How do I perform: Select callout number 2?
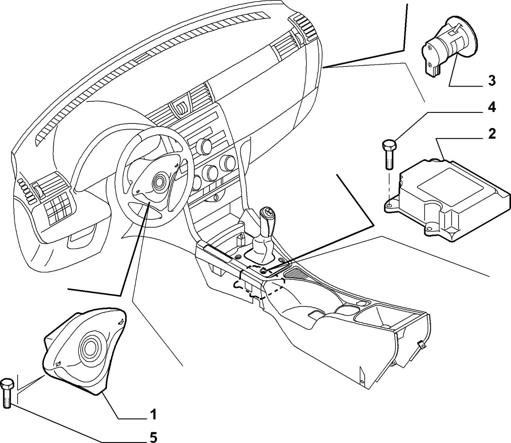[492, 134]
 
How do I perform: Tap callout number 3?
[492, 81]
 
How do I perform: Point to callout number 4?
[492, 107]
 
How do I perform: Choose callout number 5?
[153, 438]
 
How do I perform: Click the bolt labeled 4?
[388, 154]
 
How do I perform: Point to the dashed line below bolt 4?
[388, 185]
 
